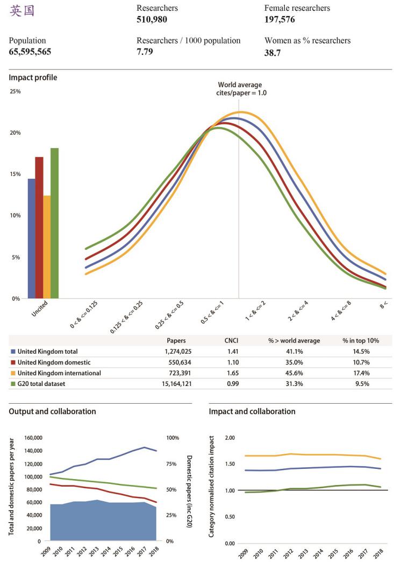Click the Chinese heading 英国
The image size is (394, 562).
tap(22, 11)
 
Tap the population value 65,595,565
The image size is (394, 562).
tap(33, 52)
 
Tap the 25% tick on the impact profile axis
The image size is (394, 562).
tap(15, 92)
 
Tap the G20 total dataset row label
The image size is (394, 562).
tap(44, 383)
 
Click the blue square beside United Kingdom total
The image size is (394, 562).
tap(13, 352)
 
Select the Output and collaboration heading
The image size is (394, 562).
tap(52, 411)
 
